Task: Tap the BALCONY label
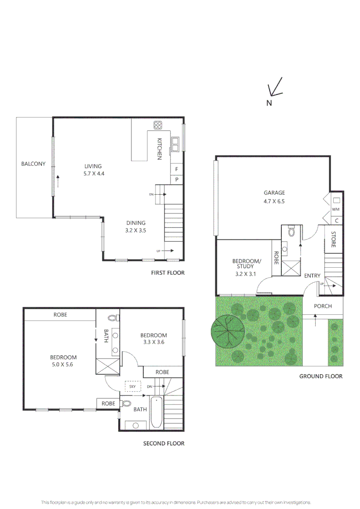(x=33, y=164)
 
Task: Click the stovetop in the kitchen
(x=158, y=125)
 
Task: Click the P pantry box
(x=177, y=180)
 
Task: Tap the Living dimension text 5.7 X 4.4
(x=93, y=173)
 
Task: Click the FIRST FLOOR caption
(x=168, y=273)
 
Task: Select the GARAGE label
(x=274, y=193)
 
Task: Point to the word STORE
(x=333, y=239)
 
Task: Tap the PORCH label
(x=323, y=306)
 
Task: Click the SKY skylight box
(x=132, y=386)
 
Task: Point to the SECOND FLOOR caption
(x=164, y=443)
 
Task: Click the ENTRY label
(x=312, y=276)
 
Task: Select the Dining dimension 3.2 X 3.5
(x=136, y=230)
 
